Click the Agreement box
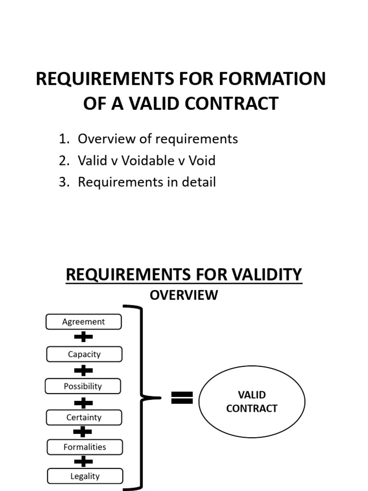click(x=83, y=322)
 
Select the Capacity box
click(x=84, y=354)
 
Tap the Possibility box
click(x=83, y=386)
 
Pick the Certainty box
click(x=84, y=417)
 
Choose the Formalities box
click(x=84, y=447)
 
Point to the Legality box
click(x=85, y=476)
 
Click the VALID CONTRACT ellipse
click(x=252, y=402)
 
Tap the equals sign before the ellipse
click(x=182, y=398)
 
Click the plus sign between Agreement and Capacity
click(x=83, y=338)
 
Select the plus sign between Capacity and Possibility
click(x=83, y=370)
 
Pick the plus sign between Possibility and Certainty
click(x=83, y=402)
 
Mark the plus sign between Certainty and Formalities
click(x=83, y=432)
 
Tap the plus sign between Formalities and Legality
click(x=83, y=462)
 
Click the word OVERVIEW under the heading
click(x=184, y=295)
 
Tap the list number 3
click(x=64, y=182)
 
